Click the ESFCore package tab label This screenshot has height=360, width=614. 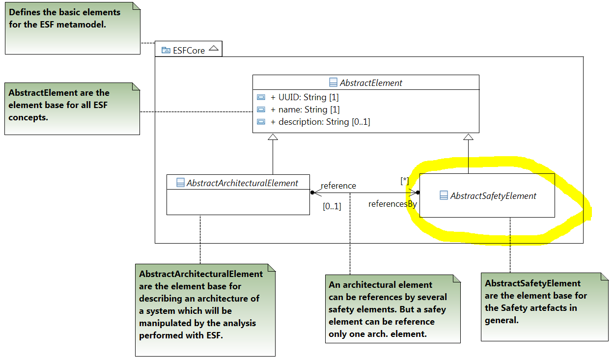189,50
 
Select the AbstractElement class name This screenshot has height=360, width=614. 371,83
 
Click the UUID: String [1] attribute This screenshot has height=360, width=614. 305,97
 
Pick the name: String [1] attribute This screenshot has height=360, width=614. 305,110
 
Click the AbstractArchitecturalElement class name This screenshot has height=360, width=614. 242,183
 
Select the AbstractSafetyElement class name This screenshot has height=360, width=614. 493,196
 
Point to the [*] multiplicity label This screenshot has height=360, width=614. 404,181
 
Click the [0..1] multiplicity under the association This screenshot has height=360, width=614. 332,206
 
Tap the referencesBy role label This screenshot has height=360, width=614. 392,204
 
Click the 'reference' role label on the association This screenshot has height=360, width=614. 338,186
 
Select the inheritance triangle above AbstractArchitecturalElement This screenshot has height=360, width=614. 273,137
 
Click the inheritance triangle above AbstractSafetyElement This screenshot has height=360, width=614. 468,137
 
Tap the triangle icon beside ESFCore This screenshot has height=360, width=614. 213,49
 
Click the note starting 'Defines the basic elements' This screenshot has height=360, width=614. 73,28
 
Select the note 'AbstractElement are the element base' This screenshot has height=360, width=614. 72,109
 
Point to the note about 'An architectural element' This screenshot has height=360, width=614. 392,309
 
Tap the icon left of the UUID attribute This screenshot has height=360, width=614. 261,97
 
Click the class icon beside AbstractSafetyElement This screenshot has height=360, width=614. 444,196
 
